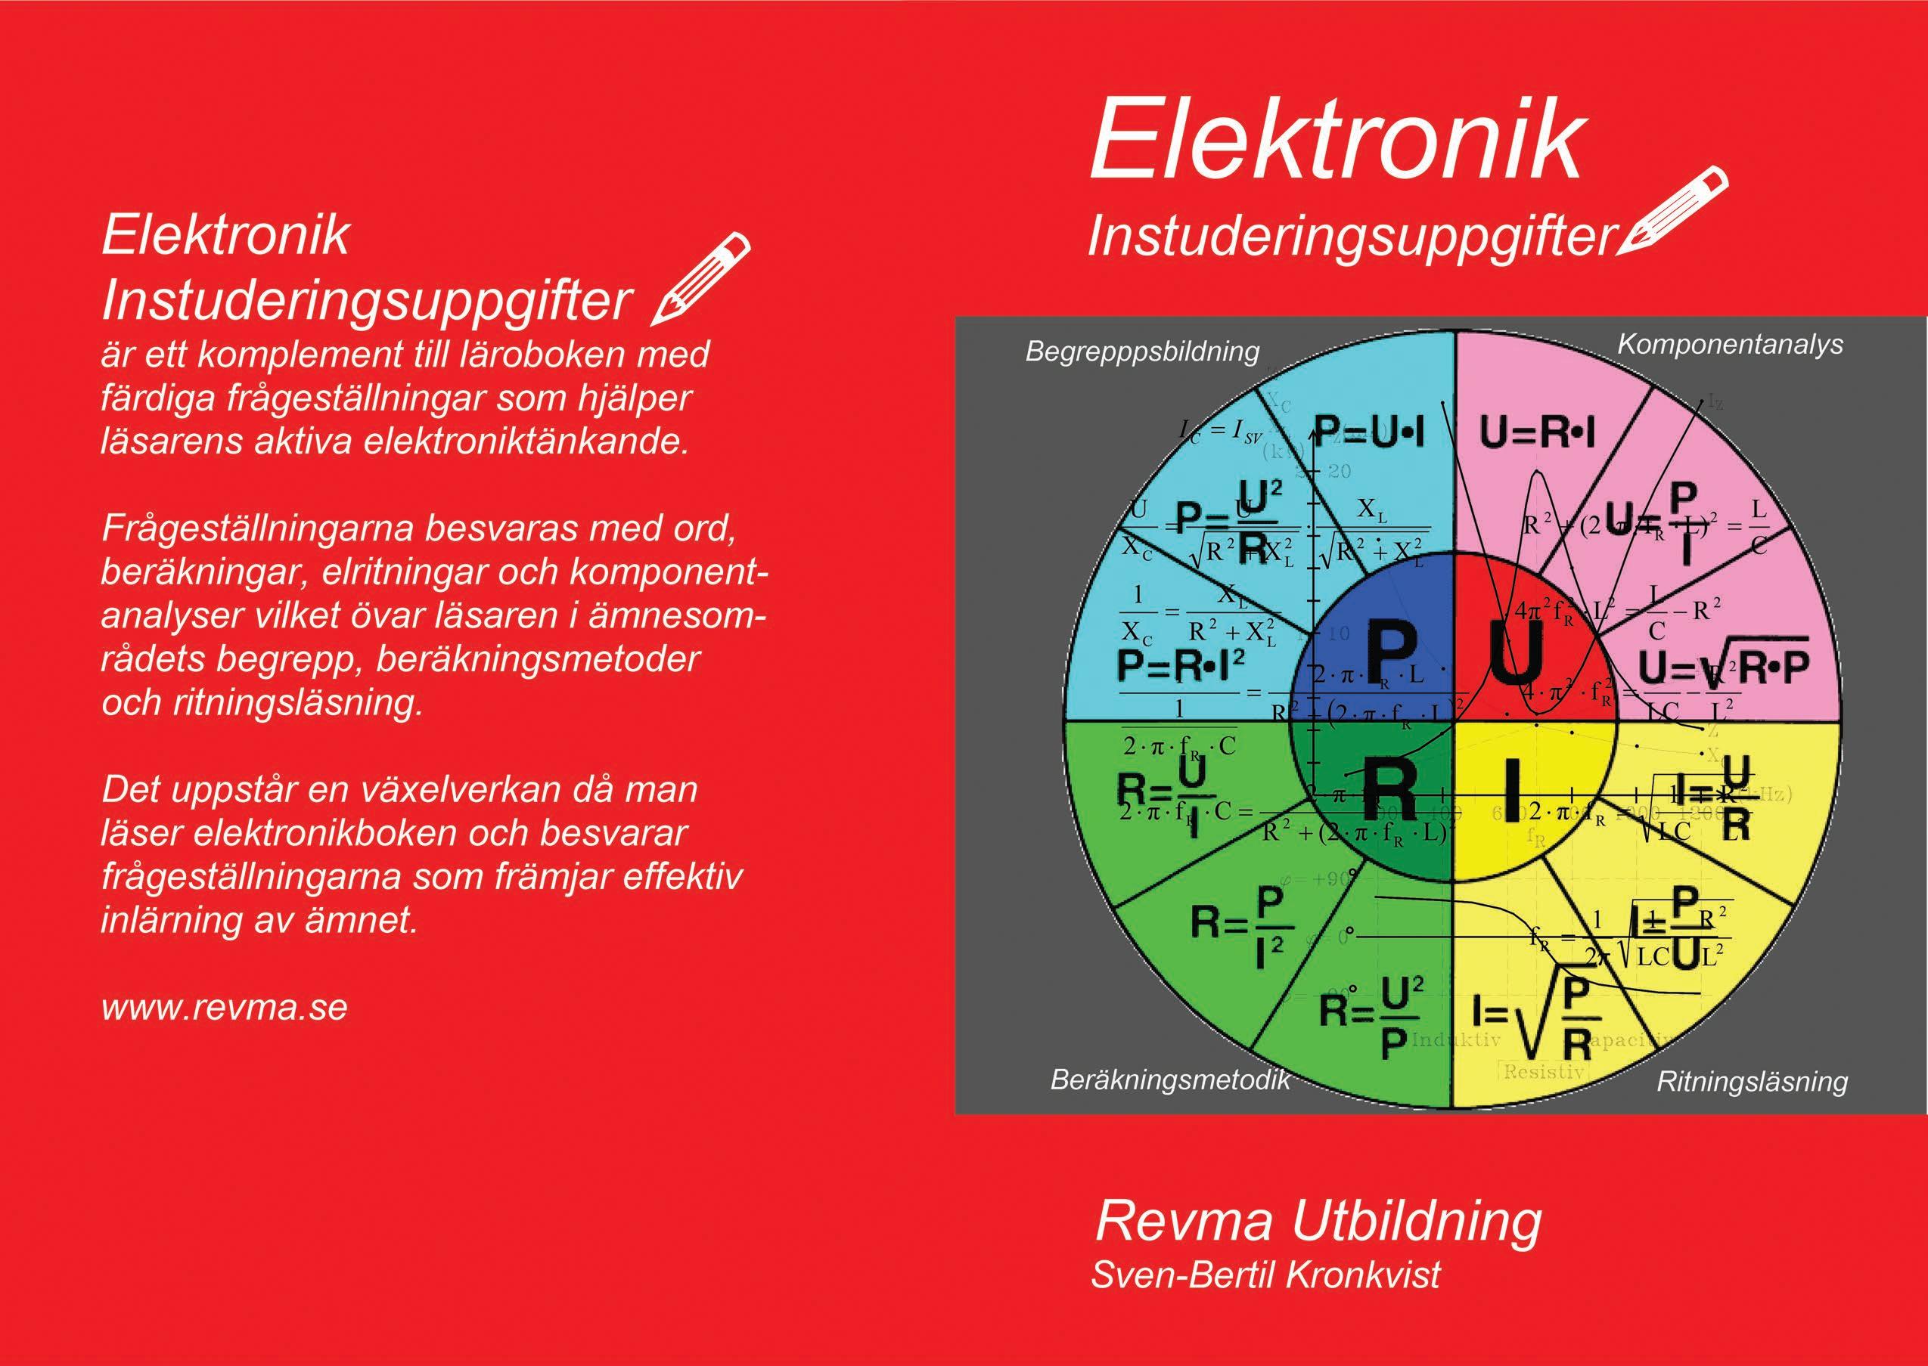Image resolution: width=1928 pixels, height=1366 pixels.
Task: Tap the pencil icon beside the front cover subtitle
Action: coord(1671,210)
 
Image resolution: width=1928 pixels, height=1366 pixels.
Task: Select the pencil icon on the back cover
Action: coord(701,277)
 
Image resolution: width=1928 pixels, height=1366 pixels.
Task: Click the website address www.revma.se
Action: coord(224,1007)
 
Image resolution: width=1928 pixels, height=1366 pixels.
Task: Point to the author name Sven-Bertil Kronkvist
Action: coord(1265,1274)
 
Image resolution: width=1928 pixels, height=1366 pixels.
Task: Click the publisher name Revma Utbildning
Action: coord(1318,1221)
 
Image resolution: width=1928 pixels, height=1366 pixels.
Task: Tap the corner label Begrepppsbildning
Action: coord(1142,352)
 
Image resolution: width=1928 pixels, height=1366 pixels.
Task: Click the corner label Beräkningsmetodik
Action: coord(1170,1080)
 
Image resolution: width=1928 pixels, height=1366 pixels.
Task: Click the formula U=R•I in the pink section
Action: coord(1538,434)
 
